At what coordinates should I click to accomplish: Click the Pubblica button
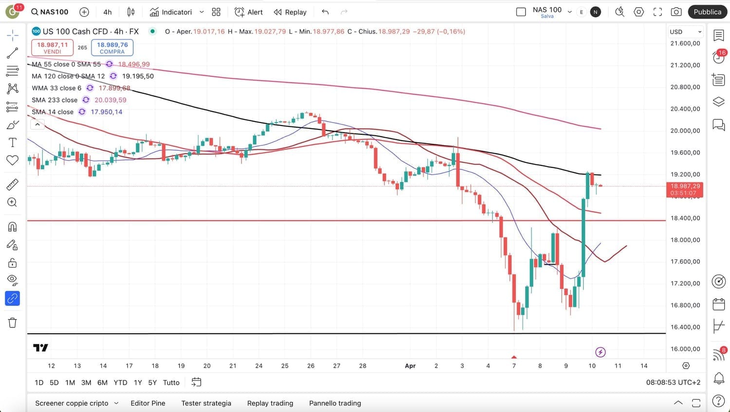click(707, 12)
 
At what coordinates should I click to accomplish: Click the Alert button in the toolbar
click(248, 12)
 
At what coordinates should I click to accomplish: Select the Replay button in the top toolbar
click(290, 12)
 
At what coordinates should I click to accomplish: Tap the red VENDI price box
click(53, 48)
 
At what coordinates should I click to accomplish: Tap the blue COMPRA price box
click(112, 48)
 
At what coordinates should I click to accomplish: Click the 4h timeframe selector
click(108, 12)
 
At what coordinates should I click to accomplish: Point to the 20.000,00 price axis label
click(685, 130)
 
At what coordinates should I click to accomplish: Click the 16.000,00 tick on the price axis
click(685, 349)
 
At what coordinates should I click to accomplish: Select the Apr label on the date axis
click(410, 366)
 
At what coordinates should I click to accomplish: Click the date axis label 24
click(259, 366)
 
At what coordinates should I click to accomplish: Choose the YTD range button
click(120, 383)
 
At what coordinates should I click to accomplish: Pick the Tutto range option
click(171, 383)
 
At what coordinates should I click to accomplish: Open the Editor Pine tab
click(148, 403)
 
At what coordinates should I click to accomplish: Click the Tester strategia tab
click(206, 403)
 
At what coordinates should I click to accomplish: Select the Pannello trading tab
click(335, 403)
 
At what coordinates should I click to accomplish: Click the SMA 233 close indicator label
click(55, 100)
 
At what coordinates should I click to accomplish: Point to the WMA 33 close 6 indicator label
click(56, 88)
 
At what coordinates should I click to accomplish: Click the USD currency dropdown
click(685, 32)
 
